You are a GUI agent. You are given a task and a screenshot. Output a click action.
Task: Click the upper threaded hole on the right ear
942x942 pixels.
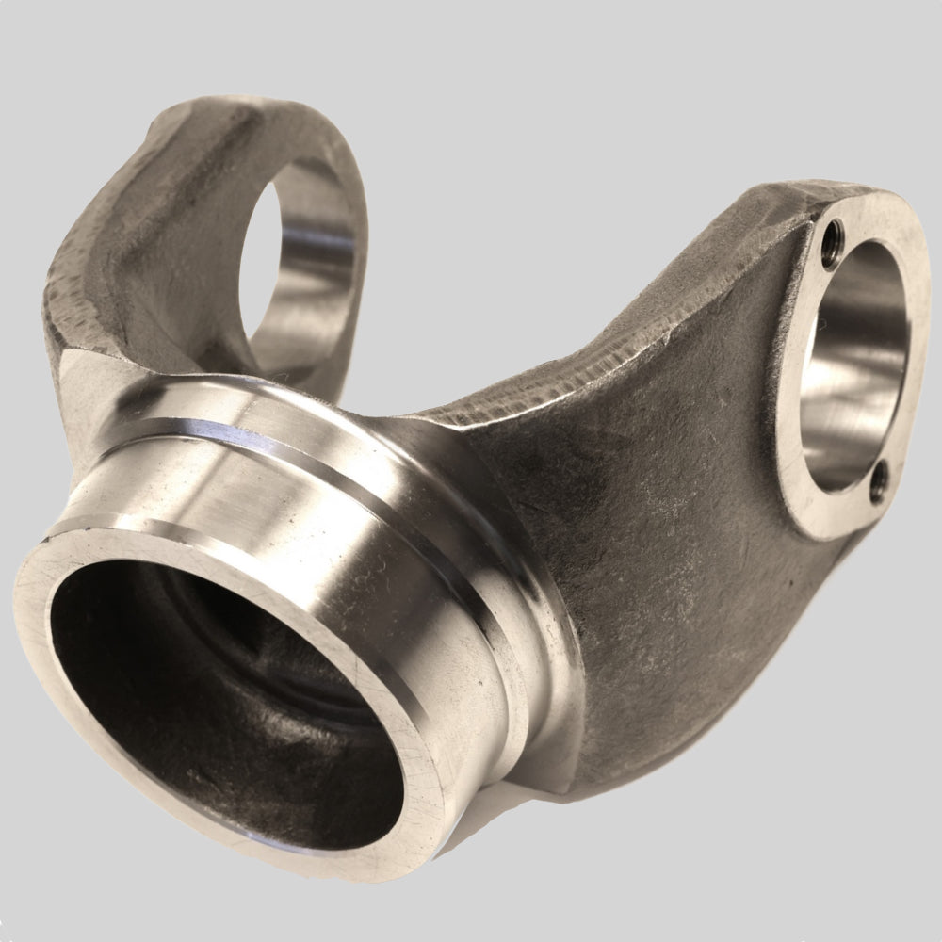pyautogui.click(x=832, y=235)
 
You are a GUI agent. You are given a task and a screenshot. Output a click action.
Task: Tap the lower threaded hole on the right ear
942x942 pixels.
pyautogui.click(x=878, y=483)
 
